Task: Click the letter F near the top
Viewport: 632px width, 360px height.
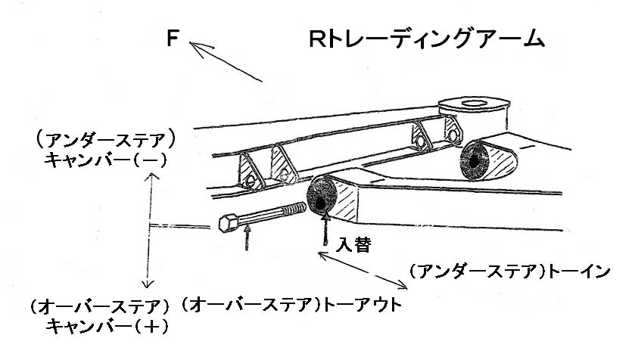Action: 173,39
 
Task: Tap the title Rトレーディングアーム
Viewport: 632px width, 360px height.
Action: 427,39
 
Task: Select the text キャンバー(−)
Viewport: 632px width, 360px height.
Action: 106,160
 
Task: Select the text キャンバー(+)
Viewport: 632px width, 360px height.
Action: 106,326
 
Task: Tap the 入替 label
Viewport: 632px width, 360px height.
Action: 353,245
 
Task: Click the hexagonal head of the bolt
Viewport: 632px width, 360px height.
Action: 229,223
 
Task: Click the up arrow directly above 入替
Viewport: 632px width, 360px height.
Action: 325,227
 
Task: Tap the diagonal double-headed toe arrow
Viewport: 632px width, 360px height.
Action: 363,272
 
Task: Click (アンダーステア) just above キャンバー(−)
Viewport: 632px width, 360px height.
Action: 106,141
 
